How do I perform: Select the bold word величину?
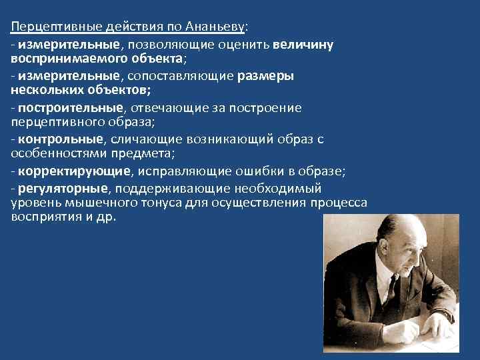303,45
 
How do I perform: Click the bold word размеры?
265,76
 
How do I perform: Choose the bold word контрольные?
61,139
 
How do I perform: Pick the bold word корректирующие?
74,171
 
